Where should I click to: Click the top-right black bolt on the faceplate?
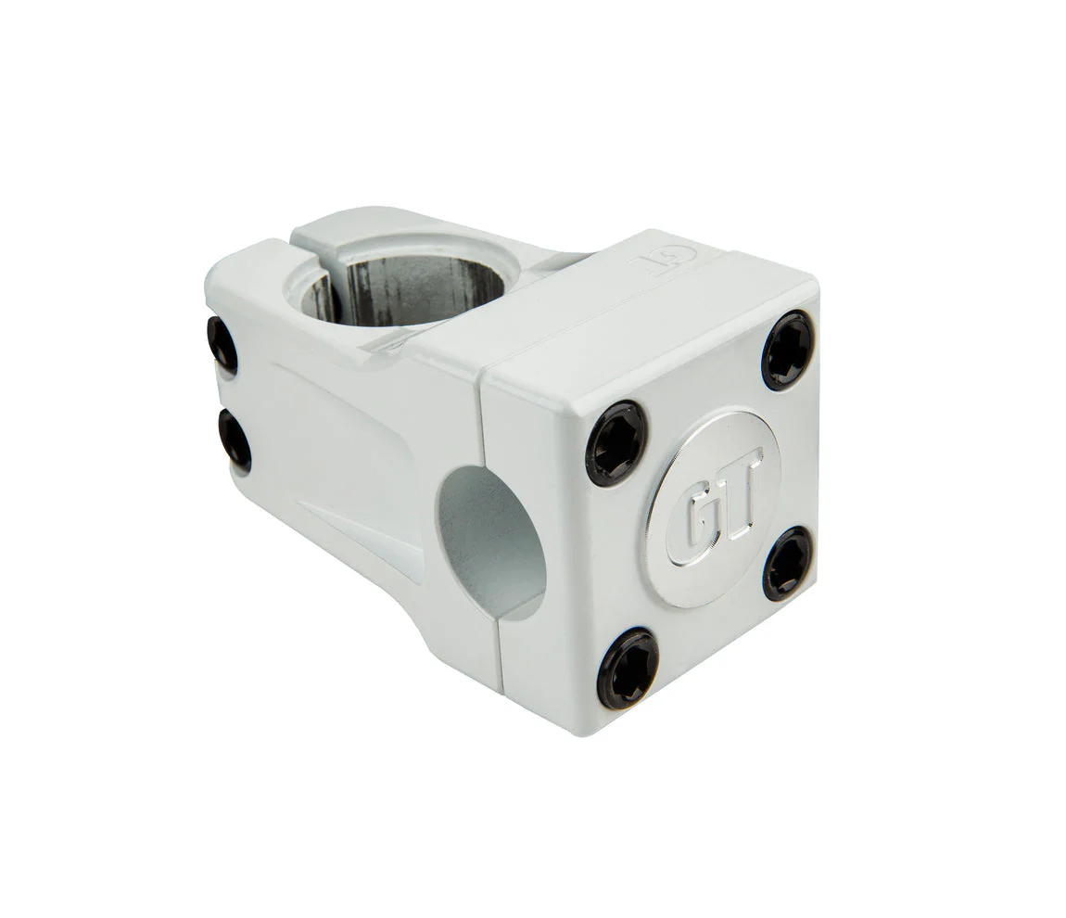(x=788, y=351)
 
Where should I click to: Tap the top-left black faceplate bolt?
(x=616, y=443)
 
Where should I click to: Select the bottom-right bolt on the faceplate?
(x=788, y=564)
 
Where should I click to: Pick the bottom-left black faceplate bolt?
(x=628, y=669)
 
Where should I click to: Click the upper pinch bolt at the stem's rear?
(x=222, y=345)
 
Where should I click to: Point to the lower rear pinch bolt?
(x=235, y=440)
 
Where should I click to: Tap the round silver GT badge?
(x=713, y=508)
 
